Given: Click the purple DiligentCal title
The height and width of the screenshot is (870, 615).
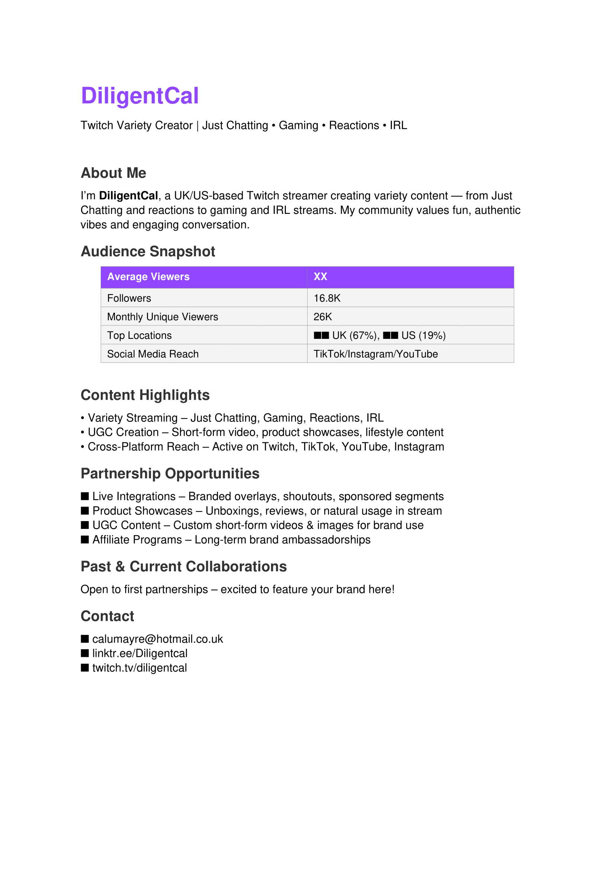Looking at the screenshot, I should click(x=140, y=96).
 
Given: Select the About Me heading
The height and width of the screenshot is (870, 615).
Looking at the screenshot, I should click(x=113, y=173).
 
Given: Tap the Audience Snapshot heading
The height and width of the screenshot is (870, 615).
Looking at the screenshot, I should click(x=148, y=251).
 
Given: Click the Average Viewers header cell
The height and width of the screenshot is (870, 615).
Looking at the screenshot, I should click(x=148, y=277).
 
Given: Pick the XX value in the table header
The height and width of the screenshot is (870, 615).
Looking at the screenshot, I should click(x=320, y=277).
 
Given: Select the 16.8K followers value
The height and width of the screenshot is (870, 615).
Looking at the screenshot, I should click(x=327, y=298).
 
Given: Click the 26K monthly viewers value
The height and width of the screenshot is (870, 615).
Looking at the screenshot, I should click(x=323, y=317).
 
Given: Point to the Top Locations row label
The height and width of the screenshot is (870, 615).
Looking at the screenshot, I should click(x=139, y=336).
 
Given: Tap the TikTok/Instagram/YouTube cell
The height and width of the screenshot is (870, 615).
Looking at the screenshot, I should click(x=375, y=354).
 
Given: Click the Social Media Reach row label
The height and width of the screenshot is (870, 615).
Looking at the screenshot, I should click(x=152, y=354).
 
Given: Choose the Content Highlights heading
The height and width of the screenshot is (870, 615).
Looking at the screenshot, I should click(x=145, y=395).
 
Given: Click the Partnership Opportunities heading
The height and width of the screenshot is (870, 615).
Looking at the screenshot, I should click(x=170, y=473).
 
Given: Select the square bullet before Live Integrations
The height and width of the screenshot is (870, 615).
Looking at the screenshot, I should click(x=85, y=497).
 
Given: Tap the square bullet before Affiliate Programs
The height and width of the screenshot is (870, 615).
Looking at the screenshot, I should click(x=85, y=540).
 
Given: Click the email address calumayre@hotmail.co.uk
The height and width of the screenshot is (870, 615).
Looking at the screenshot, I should click(x=158, y=639).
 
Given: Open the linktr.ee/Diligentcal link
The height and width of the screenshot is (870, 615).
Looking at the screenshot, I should click(x=140, y=654).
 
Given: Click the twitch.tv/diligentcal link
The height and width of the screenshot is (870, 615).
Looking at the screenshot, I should click(x=139, y=668).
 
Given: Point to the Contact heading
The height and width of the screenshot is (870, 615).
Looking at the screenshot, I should click(x=107, y=616).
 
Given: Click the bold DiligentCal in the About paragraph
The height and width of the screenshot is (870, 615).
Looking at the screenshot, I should click(x=128, y=196).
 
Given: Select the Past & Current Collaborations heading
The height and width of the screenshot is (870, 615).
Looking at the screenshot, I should click(x=184, y=567).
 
